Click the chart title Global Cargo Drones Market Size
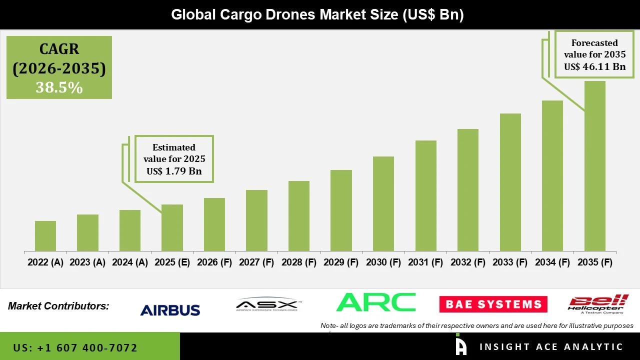coord(317,14)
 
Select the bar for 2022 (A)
coord(45,236)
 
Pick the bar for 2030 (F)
coord(383,204)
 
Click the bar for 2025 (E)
coord(172,228)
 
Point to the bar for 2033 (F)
coord(510,182)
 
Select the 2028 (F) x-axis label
coord(299,262)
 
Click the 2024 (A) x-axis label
coord(130,262)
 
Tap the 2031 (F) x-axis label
coord(425,262)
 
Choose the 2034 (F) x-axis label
coord(552,262)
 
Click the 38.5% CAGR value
coord(59,87)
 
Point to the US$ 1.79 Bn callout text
coord(174,171)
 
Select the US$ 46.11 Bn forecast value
coord(594,66)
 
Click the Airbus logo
coord(170,310)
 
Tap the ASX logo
coord(267,304)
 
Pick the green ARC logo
coord(376,302)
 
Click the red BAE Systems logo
coord(493,304)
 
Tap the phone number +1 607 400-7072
coord(75,347)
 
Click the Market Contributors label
coord(58,306)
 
